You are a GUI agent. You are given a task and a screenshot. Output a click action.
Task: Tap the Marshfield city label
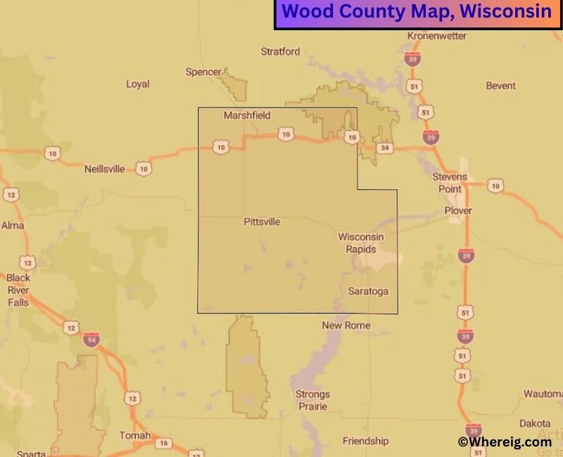click(247, 115)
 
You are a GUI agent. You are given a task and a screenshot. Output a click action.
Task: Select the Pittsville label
click(262, 221)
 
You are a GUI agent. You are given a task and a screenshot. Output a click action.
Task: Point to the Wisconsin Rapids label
click(360, 243)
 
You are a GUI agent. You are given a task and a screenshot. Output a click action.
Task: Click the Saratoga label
click(368, 290)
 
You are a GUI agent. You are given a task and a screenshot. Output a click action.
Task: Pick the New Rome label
click(346, 325)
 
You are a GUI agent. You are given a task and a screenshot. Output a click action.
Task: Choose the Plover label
click(458, 211)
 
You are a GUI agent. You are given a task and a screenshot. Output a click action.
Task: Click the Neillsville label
click(104, 169)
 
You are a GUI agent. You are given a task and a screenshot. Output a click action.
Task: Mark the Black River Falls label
click(19, 289)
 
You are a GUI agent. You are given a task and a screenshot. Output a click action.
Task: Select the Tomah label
click(134, 435)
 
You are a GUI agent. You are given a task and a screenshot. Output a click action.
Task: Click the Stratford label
click(280, 51)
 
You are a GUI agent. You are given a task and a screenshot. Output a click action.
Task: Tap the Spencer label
click(203, 72)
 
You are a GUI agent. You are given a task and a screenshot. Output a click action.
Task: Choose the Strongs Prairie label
click(312, 400)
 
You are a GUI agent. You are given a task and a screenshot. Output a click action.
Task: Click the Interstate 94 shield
click(91, 339)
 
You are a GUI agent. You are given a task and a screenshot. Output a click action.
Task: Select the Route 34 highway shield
click(384, 148)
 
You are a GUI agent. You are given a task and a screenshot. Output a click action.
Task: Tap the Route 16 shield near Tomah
click(163, 443)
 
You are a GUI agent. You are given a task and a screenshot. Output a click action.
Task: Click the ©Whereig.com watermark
click(505, 442)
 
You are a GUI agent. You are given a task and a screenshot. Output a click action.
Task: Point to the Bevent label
click(501, 86)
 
